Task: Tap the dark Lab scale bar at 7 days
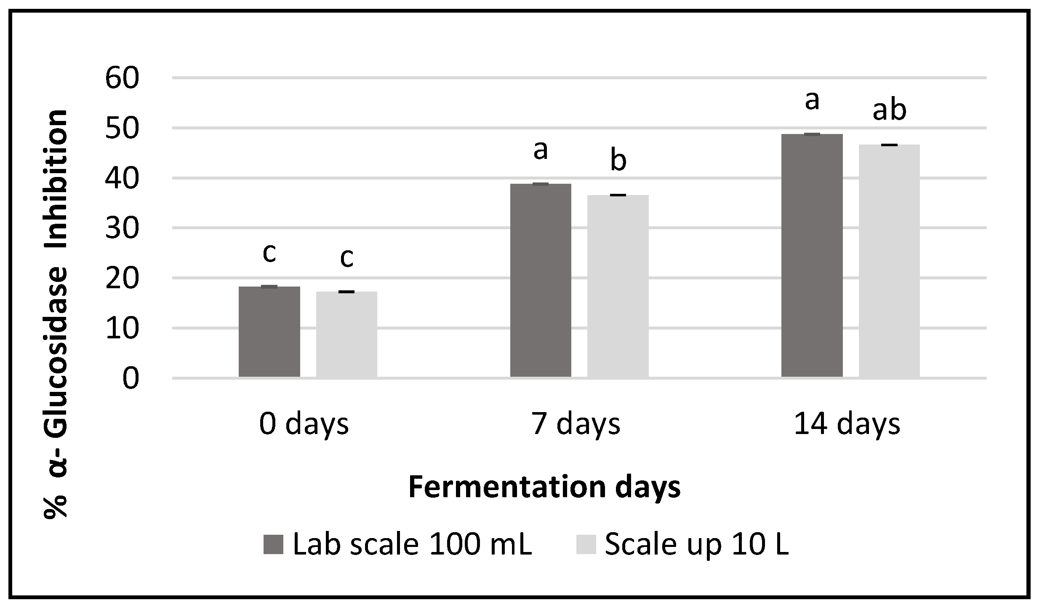point(541,280)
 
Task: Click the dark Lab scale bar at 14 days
point(812,255)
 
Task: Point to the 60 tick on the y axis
point(122,78)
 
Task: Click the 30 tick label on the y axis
point(122,228)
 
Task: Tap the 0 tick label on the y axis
point(131,378)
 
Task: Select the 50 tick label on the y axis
point(122,128)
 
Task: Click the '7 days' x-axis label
point(576,424)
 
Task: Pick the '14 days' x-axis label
point(847,424)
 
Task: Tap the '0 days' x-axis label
point(304,424)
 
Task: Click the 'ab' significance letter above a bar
point(889,110)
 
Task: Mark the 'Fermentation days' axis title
point(544,487)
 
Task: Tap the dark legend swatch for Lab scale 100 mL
point(273,544)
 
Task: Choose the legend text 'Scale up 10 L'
point(697,544)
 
